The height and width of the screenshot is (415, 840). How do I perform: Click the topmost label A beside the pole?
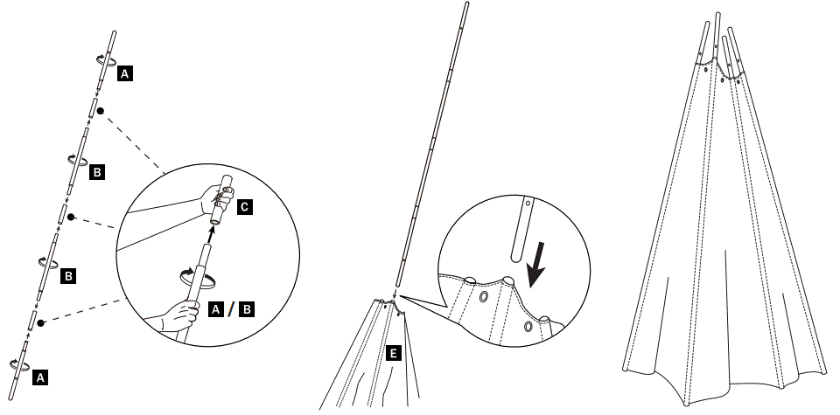click(x=125, y=76)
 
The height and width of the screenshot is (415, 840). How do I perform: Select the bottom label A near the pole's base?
click(x=40, y=378)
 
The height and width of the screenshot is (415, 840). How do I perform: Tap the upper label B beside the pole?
click(x=97, y=172)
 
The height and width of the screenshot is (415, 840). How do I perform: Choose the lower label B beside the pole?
click(x=66, y=276)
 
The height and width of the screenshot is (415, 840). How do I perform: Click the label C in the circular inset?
click(x=244, y=207)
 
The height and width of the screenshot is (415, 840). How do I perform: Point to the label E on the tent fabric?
click(x=394, y=353)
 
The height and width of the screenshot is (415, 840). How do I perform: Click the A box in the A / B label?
click(x=218, y=308)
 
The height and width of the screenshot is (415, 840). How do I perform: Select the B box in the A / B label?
click(x=248, y=308)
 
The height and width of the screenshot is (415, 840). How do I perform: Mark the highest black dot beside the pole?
click(x=101, y=111)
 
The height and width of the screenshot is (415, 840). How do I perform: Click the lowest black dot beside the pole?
click(x=40, y=322)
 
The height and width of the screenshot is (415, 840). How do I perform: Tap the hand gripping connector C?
click(x=213, y=197)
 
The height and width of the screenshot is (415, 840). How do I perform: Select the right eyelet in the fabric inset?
click(x=528, y=327)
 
